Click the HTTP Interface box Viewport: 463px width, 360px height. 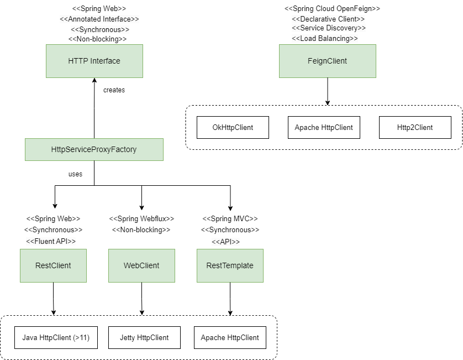(94, 61)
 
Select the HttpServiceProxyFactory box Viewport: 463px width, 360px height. (94, 149)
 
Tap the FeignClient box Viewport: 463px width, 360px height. (327, 61)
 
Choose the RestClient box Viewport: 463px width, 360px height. (53, 265)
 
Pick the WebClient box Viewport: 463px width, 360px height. (141, 265)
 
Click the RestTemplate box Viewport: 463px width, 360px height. (230, 265)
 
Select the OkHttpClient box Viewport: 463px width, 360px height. (233, 127)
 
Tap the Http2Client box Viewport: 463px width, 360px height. (415, 127)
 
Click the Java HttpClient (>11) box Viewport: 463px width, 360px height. (56, 337)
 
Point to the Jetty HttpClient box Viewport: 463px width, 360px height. (144, 337)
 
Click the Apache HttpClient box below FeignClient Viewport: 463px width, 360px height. (324, 127)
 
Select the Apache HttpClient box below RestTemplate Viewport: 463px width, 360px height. (230, 337)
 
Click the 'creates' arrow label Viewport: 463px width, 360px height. (114, 90)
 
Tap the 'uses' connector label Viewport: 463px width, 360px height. (75, 174)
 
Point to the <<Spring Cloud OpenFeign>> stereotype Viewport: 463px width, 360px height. (332, 9)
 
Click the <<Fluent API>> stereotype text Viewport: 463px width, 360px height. (51, 241)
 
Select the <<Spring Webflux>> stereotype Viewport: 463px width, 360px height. (141, 218)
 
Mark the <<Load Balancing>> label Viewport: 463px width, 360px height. (325, 38)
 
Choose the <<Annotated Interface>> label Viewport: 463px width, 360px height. (99, 19)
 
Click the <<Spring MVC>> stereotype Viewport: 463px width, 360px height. (230, 218)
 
